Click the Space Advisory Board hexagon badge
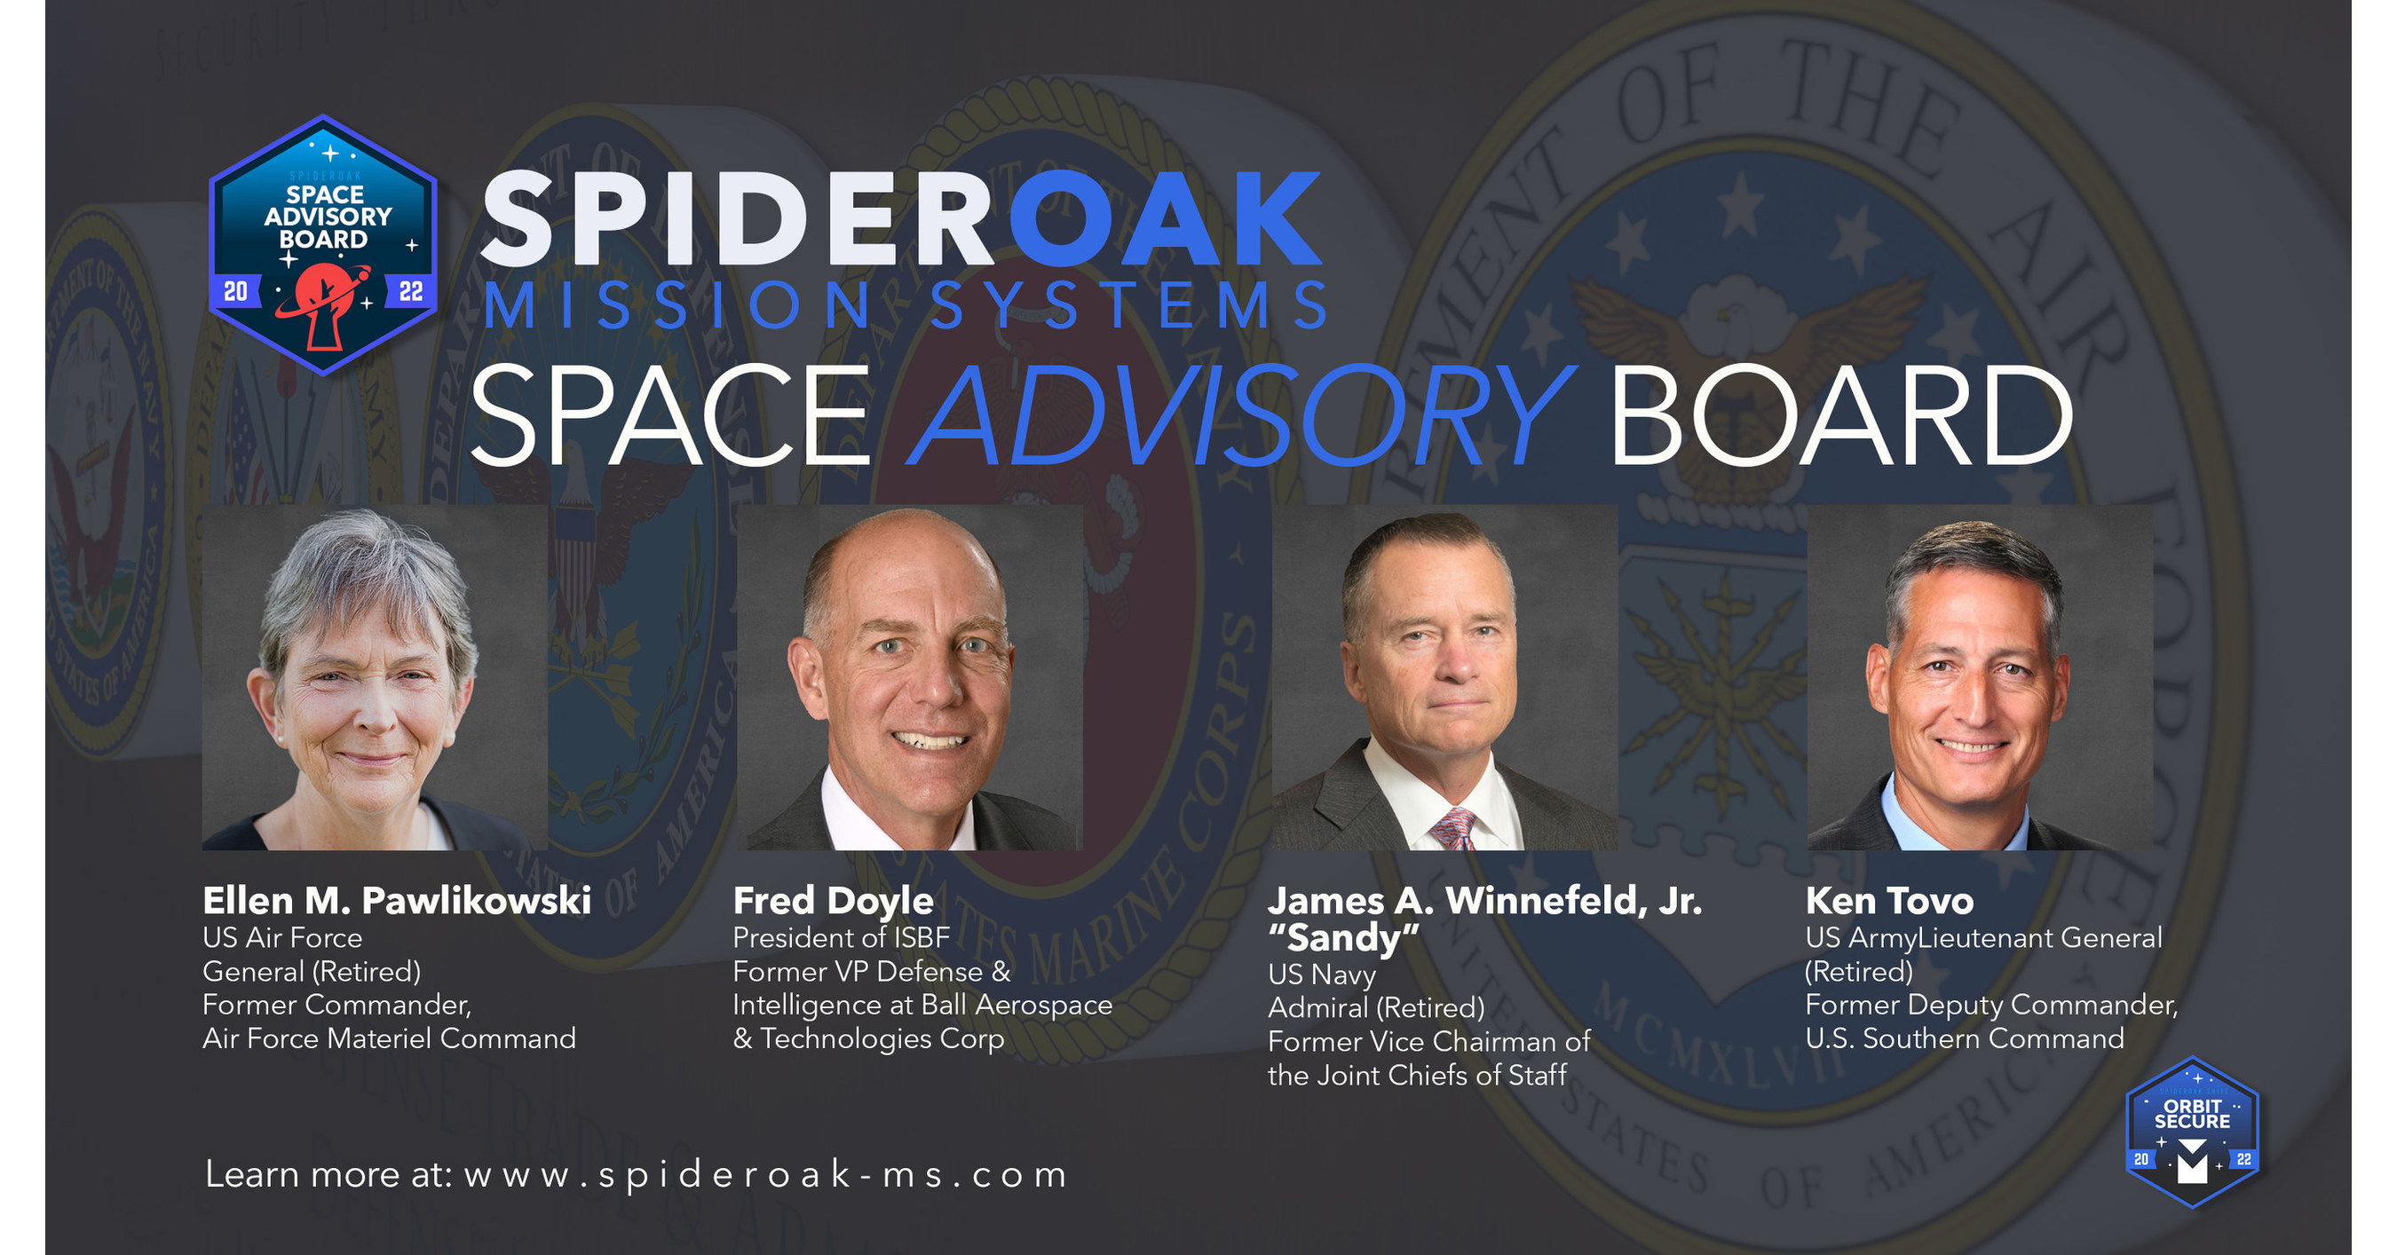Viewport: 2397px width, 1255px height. pos(323,245)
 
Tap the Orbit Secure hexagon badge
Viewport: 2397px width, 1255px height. pos(2192,1133)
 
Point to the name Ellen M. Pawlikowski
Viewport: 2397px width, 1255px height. pos(397,900)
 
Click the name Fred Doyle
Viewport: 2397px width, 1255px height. pos(833,900)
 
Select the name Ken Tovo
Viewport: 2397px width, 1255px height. pos(1889,900)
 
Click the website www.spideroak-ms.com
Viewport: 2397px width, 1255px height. pos(765,1175)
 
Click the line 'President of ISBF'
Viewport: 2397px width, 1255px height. pos(840,938)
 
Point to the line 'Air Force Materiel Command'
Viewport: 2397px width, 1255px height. pos(389,1038)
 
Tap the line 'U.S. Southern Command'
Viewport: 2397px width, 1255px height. pos(1965,1038)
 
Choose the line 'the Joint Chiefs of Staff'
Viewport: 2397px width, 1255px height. pos(1416,1076)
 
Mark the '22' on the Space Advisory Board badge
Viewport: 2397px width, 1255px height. pos(410,292)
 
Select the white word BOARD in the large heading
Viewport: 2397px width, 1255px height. pos(1839,416)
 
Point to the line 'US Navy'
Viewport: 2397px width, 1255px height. pos(1320,974)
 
